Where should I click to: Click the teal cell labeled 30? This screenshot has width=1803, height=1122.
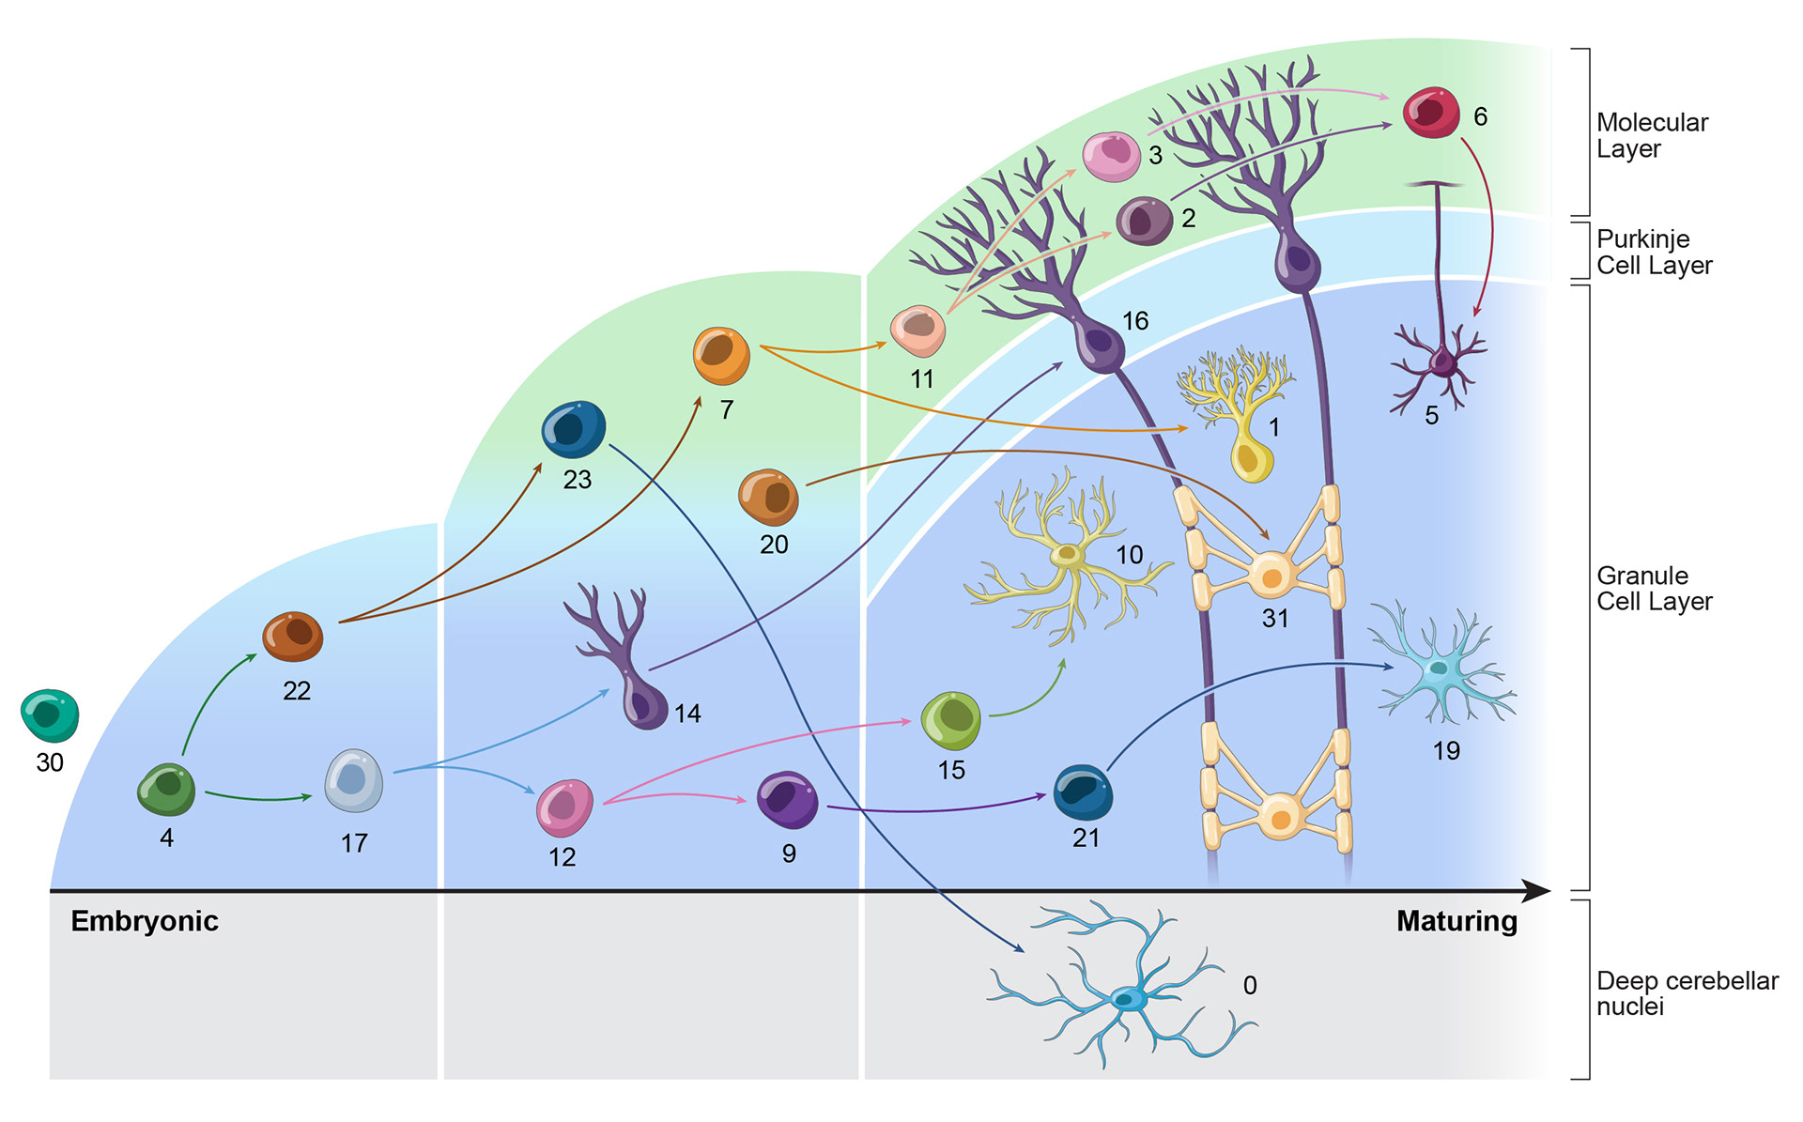pyautogui.click(x=50, y=715)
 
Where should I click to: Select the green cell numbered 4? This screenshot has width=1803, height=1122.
pyautogui.click(x=166, y=789)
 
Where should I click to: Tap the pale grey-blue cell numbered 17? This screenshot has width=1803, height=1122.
pyautogui.click(x=353, y=780)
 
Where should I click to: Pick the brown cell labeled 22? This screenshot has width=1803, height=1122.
pyautogui.click(x=293, y=636)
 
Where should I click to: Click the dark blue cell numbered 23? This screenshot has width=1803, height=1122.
pyautogui.click(x=574, y=429)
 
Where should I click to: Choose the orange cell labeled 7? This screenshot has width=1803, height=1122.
pyautogui.click(x=721, y=356)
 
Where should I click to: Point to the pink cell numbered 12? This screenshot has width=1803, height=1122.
pyautogui.click(x=564, y=807)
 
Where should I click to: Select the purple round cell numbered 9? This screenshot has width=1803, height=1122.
pyautogui.click(x=787, y=800)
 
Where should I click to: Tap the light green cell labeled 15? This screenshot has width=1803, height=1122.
pyautogui.click(x=951, y=721)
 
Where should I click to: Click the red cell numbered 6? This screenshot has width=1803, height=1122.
pyautogui.click(x=1431, y=113)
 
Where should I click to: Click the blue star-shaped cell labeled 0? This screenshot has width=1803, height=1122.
pyautogui.click(x=1127, y=997)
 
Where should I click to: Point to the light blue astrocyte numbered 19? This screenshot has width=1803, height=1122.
pyautogui.click(x=1439, y=669)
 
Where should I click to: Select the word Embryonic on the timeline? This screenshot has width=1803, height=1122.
pyautogui.click(x=145, y=921)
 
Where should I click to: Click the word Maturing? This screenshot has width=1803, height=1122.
pyautogui.click(x=1456, y=921)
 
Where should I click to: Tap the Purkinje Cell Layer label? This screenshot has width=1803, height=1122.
pyautogui.click(x=1654, y=253)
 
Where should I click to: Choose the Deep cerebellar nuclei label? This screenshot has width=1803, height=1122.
pyautogui.click(x=1687, y=993)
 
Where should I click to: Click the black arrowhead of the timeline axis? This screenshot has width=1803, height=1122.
pyautogui.click(x=1536, y=890)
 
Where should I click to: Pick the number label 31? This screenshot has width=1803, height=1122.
pyautogui.click(x=1275, y=618)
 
